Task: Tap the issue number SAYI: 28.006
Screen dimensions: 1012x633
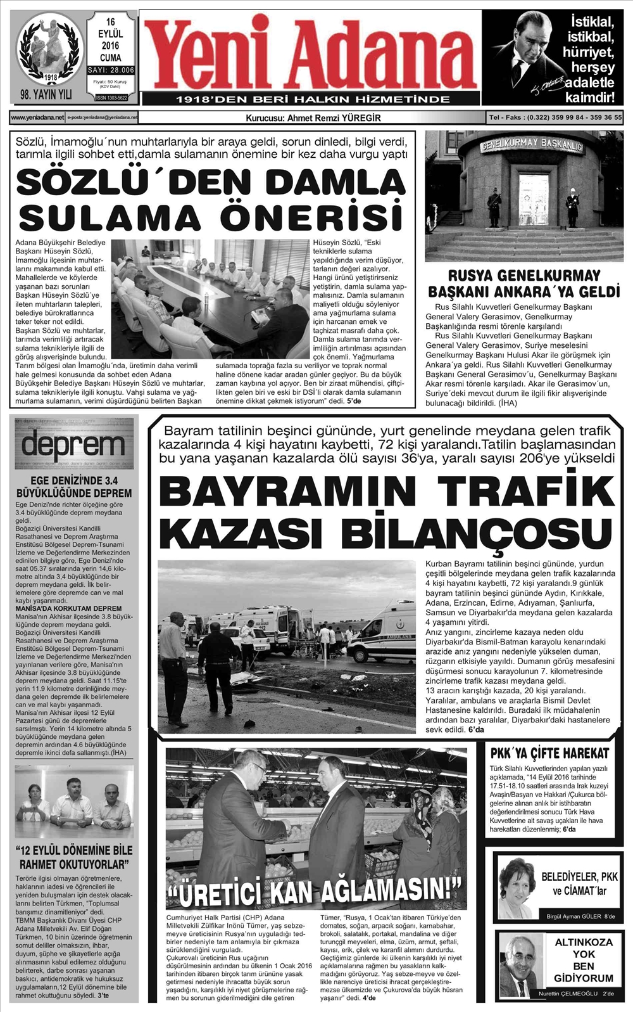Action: coord(111,70)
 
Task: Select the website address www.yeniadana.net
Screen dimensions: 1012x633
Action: coord(37,117)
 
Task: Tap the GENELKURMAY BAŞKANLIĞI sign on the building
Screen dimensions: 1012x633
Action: coord(531,144)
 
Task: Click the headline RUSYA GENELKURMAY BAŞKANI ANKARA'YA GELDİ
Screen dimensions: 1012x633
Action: coord(523,284)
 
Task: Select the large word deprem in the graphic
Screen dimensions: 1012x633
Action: coord(73,445)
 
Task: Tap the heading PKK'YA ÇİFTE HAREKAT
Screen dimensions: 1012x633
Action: coord(549,753)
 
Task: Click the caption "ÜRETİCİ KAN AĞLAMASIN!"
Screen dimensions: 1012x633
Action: coord(315,892)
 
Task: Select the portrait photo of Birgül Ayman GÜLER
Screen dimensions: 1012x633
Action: coord(517,887)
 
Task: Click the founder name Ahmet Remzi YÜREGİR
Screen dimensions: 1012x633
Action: coord(334,117)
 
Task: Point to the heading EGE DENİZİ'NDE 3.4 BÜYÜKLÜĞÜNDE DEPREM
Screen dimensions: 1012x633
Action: coord(73,487)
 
